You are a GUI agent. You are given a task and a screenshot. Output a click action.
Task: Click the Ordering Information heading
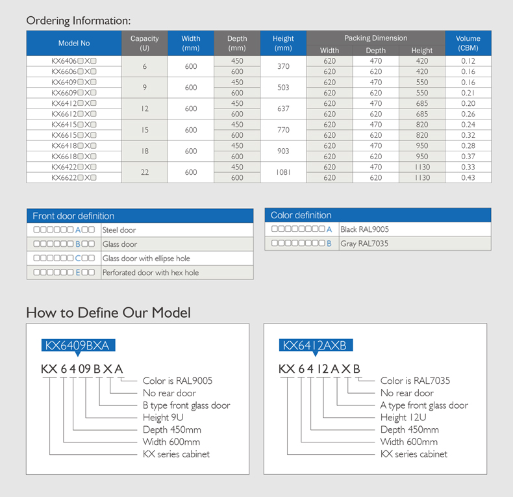pyautogui.click(x=78, y=21)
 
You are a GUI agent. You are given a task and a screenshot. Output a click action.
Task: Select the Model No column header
pyautogui.click(x=74, y=44)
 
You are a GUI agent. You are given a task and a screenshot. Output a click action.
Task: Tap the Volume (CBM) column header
pyautogui.click(x=468, y=44)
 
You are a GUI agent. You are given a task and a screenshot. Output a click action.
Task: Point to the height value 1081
pyautogui.click(x=283, y=172)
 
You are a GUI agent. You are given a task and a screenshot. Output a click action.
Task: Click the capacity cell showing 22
pyautogui.click(x=144, y=172)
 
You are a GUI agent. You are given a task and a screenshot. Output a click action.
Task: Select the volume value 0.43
pyautogui.click(x=468, y=178)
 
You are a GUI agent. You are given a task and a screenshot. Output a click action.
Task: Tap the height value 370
pyautogui.click(x=283, y=66)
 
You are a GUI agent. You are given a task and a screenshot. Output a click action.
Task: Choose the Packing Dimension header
pyautogui.click(x=375, y=38)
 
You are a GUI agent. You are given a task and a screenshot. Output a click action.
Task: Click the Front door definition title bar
pyautogui.click(x=140, y=216)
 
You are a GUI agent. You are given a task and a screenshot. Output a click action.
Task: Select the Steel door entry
pyautogui.click(x=119, y=230)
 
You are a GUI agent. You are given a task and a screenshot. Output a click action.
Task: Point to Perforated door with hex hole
pyautogui.click(x=151, y=273)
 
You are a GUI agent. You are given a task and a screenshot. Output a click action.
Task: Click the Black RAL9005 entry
pyautogui.click(x=364, y=229)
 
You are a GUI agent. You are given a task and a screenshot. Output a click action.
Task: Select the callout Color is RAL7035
pyautogui.click(x=415, y=381)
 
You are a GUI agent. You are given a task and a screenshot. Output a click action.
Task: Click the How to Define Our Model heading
pyautogui.click(x=108, y=313)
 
